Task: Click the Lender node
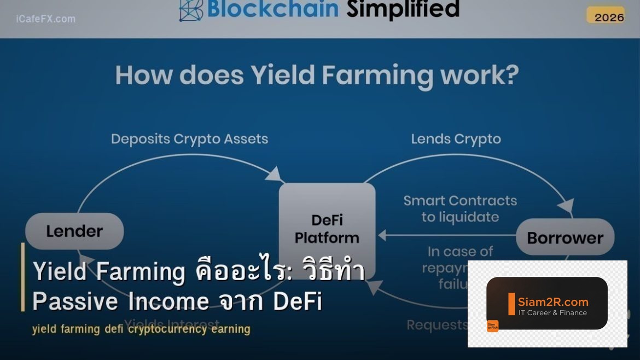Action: tap(74, 231)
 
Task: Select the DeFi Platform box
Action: tap(327, 228)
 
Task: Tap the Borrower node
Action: tap(565, 237)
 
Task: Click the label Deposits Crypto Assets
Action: tap(189, 139)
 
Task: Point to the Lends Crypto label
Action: tap(456, 139)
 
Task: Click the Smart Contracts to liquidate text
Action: tap(460, 208)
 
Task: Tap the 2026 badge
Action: tap(609, 17)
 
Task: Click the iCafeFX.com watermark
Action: tap(46, 19)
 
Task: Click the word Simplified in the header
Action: tap(403, 9)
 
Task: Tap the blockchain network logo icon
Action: tap(191, 9)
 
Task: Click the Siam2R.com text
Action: tap(553, 301)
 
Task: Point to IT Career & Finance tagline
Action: tap(552, 313)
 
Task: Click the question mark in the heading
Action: tap(508, 75)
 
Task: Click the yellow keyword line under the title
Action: tap(141, 329)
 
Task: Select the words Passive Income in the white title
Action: tap(120, 301)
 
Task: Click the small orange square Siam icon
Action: tap(492, 326)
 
